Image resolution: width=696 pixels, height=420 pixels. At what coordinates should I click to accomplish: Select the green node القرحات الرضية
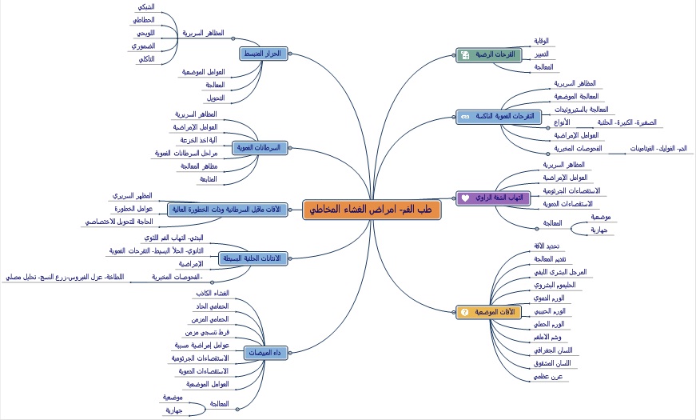[x=487, y=55]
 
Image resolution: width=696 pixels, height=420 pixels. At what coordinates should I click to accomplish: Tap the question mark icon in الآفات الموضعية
[x=465, y=312]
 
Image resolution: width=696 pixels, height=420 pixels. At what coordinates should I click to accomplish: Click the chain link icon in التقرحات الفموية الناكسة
[x=464, y=116]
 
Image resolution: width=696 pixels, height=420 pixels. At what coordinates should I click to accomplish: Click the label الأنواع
[x=562, y=122]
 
